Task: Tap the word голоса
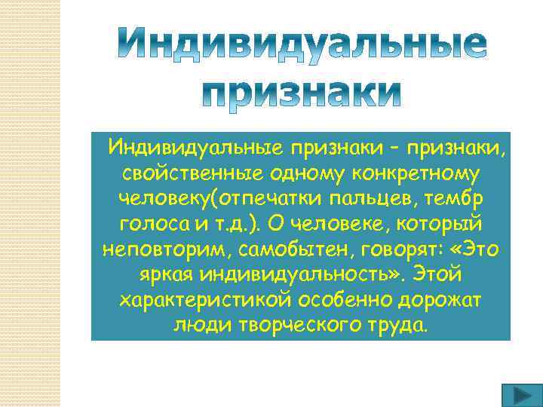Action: click(149, 224)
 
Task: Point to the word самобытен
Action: click(281, 249)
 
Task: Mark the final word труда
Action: click(397, 325)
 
